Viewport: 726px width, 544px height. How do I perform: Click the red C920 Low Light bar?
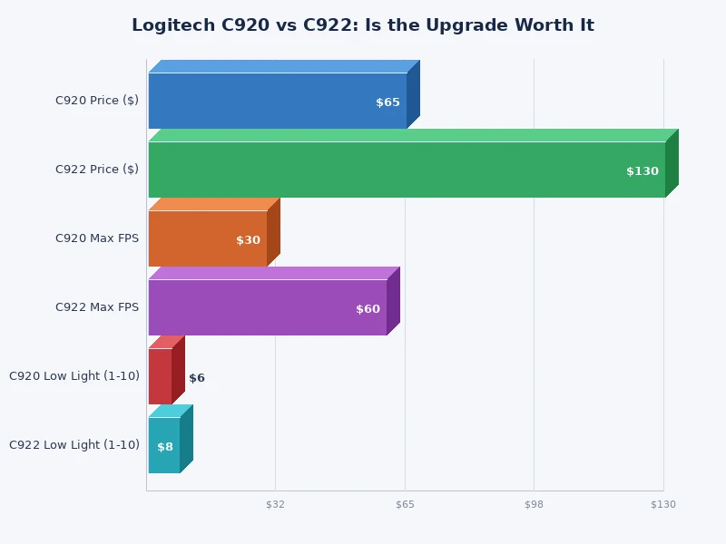point(160,376)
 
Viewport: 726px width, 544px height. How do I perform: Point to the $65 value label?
point(388,102)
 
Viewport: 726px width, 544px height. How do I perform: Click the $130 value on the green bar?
point(642,171)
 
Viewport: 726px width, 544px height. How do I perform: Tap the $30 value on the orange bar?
point(248,240)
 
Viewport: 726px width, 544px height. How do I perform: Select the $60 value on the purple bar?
point(368,309)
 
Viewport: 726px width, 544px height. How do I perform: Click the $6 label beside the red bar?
point(197,378)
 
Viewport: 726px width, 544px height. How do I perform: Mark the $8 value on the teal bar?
point(164,447)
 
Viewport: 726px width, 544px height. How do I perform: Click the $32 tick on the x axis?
point(275,504)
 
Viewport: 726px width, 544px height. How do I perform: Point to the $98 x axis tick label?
point(534,504)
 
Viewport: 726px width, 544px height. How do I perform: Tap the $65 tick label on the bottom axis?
point(405,504)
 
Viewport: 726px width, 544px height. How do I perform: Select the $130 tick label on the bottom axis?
point(662,504)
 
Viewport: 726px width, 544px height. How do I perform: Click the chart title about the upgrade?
point(363,25)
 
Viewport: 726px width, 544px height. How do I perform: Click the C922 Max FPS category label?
point(97,307)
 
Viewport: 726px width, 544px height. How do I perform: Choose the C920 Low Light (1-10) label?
point(74,376)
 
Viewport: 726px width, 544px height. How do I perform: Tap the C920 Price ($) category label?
point(97,101)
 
